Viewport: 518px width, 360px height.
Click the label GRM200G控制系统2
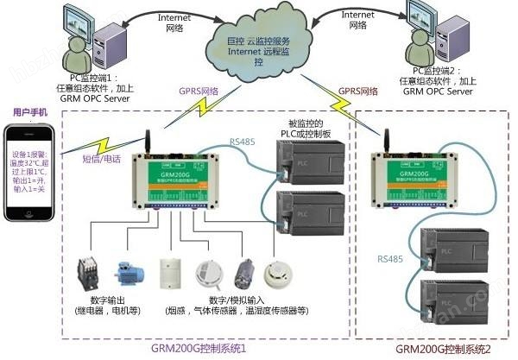coord(440,349)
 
